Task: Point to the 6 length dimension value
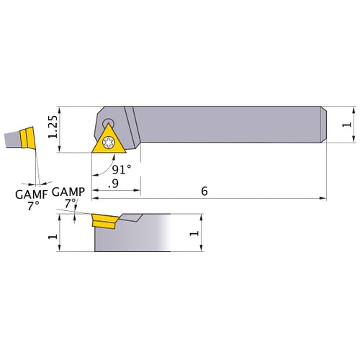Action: coord(204,192)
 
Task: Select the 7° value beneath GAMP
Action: coord(70,204)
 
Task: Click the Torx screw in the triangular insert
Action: coord(109,141)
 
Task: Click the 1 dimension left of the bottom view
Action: coord(52,236)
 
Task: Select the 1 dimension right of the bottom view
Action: coord(192,233)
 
